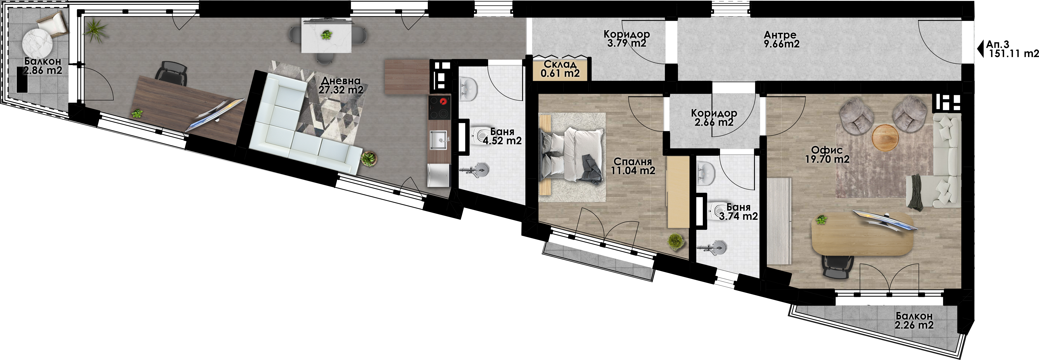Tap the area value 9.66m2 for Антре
click(781, 44)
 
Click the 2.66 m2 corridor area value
click(714, 122)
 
